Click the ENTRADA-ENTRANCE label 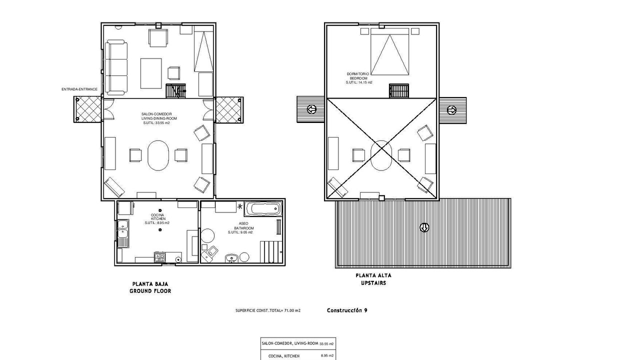point(79,89)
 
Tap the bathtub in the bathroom point(263,209)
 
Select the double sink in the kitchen point(123,233)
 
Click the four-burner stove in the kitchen point(159,257)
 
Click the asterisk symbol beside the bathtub point(240,206)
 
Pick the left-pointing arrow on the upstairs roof point(311,109)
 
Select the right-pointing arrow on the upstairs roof point(451,109)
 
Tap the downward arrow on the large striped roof point(424,227)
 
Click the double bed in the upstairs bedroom point(389,51)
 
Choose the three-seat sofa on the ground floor point(116,67)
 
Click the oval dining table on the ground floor point(158,155)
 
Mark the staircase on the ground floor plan point(175,91)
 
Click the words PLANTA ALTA point(373,275)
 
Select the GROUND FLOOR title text point(150,291)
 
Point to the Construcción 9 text point(347,310)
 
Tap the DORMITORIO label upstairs point(357,74)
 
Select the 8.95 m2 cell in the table point(327,355)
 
